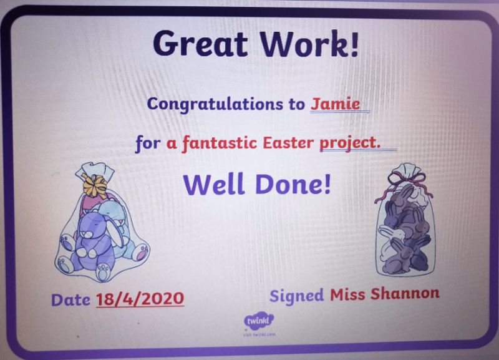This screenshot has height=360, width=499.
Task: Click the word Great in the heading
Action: pyautogui.click(x=200, y=44)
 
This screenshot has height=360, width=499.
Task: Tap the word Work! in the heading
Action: pyautogui.click(x=309, y=44)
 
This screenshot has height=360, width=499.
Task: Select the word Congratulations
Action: pyautogui.click(x=215, y=104)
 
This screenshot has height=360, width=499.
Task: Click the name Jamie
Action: pyautogui.click(x=336, y=104)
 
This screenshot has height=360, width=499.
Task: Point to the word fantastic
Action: pyautogui.click(x=220, y=143)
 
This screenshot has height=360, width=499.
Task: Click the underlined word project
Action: pyautogui.click(x=350, y=144)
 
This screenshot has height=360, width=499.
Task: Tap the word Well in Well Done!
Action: pyautogui.click(x=213, y=184)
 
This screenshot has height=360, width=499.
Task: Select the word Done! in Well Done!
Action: pyautogui.click(x=293, y=184)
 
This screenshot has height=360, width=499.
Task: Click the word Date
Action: pyautogui.click(x=70, y=300)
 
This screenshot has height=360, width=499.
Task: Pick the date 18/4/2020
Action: pyautogui.click(x=140, y=299)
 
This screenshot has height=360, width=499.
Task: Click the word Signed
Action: pyautogui.click(x=297, y=295)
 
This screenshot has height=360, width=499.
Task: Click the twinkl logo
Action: pyautogui.click(x=259, y=321)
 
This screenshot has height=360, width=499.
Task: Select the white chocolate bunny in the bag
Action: pyautogui.click(x=390, y=242)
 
